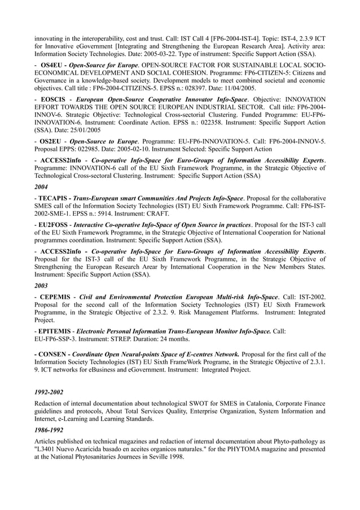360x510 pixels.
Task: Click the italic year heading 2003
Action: (41, 285)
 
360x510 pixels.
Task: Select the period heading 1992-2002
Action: (49, 391)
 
